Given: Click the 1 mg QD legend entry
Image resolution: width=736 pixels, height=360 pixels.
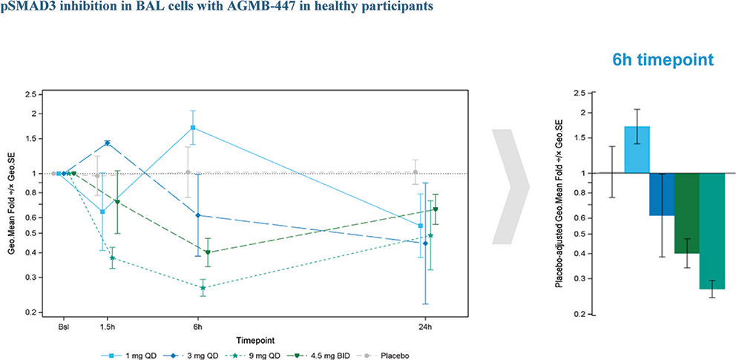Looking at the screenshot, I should (123, 355).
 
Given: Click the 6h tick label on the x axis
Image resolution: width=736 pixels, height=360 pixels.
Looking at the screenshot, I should (197, 327).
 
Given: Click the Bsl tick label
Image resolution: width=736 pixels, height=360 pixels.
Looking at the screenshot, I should (64, 327).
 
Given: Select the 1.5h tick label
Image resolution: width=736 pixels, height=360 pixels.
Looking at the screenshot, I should (105, 327).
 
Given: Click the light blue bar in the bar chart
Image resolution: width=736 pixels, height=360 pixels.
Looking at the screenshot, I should (637, 149).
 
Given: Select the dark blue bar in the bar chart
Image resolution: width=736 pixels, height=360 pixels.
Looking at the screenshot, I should (662, 194).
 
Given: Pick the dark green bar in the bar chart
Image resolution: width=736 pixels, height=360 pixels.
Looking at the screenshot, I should (687, 213).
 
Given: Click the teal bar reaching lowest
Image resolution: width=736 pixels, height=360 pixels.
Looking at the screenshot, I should (712, 231).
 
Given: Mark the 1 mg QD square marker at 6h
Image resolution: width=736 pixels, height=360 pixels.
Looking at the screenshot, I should (193, 128).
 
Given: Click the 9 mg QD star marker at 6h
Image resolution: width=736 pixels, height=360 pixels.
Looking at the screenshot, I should (203, 287).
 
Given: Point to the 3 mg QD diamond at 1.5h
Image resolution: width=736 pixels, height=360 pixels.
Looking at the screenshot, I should (108, 143).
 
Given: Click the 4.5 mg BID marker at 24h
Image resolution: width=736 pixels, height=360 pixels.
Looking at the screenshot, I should (436, 209).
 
